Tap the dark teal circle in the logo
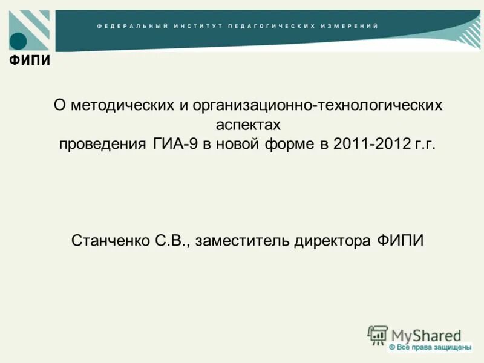(19, 41)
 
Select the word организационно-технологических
(318, 105)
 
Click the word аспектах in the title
(249, 125)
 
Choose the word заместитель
(243, 240)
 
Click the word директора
(332, 240)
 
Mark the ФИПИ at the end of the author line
(400, 240)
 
